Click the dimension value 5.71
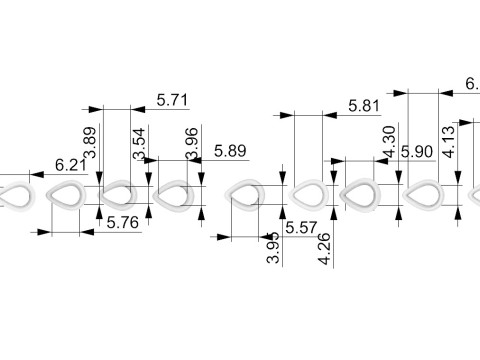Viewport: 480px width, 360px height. coord(172,100)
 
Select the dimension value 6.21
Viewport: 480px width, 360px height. coord(71,165)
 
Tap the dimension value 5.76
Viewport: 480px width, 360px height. coord(123,222)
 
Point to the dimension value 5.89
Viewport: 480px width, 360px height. coord(230,151)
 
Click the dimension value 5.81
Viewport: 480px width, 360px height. coord(364,106)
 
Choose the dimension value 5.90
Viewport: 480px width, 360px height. coord(417,152)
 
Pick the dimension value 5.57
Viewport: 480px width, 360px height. coord(301,228)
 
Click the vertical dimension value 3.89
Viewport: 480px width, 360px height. coord(90,142)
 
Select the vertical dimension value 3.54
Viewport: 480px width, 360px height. coord(139,143)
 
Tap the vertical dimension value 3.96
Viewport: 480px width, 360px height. coord(192,143)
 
